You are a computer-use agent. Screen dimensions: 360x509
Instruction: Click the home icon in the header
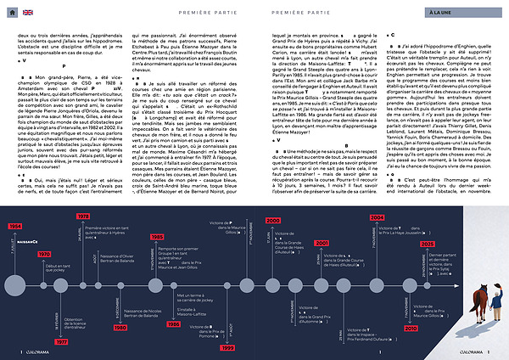[12, 13]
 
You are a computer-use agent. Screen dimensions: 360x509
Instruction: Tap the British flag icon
[27, 13]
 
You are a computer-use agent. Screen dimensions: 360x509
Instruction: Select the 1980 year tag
[120, 326]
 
